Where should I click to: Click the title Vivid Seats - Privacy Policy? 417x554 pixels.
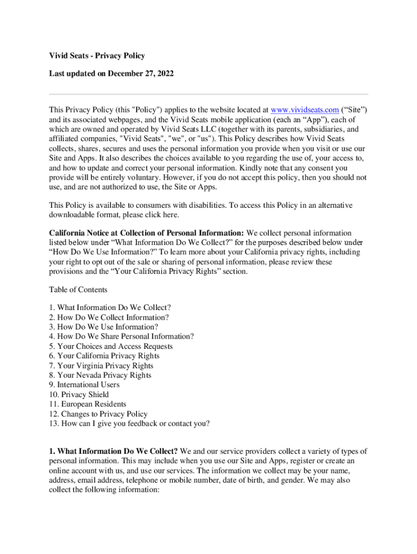[x=97, y=56]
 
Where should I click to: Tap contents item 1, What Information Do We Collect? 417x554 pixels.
[x=110, y=308]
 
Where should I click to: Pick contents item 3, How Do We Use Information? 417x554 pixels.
[x=103, y=327]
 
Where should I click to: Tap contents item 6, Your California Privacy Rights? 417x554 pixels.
[x=104, y=356]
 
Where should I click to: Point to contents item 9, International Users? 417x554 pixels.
[x=84, y=385]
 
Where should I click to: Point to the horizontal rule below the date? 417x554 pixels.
[x=208, y=94]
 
